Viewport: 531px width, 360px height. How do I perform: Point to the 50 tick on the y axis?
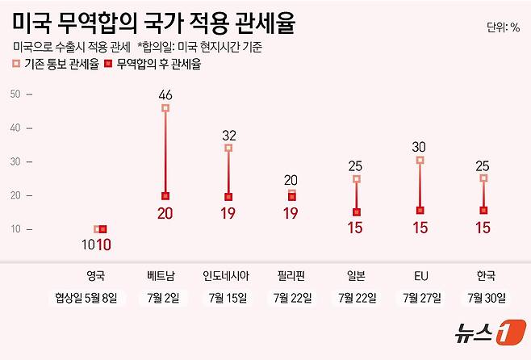(15, 94)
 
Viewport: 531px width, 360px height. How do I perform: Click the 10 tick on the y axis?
(15, 229)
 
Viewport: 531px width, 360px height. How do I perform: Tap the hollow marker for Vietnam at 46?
(165, 108)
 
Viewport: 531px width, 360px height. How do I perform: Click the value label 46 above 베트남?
(165, 94)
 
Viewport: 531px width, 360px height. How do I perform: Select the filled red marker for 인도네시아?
(228, 197)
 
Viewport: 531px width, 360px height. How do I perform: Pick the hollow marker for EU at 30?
(420, 161)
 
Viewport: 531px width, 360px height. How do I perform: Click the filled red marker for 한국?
(483, 211)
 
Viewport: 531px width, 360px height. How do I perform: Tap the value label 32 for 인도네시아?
(228, 134)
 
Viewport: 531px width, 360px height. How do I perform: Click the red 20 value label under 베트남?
(165, 214)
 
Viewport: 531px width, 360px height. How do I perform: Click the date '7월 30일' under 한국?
(483, 298)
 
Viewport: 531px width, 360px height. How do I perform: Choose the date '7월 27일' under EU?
(420, 298)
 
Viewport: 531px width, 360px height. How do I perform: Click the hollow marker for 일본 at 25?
(356, 179)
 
